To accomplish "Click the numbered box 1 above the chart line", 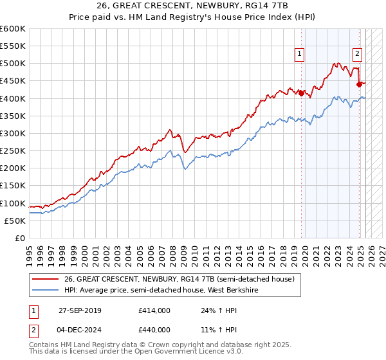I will (300, 55).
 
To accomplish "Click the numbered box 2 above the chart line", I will (357, 55).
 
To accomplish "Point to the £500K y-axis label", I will (13, 64).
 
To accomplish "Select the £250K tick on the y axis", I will (13, 150).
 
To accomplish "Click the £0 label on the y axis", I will (21, 238).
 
